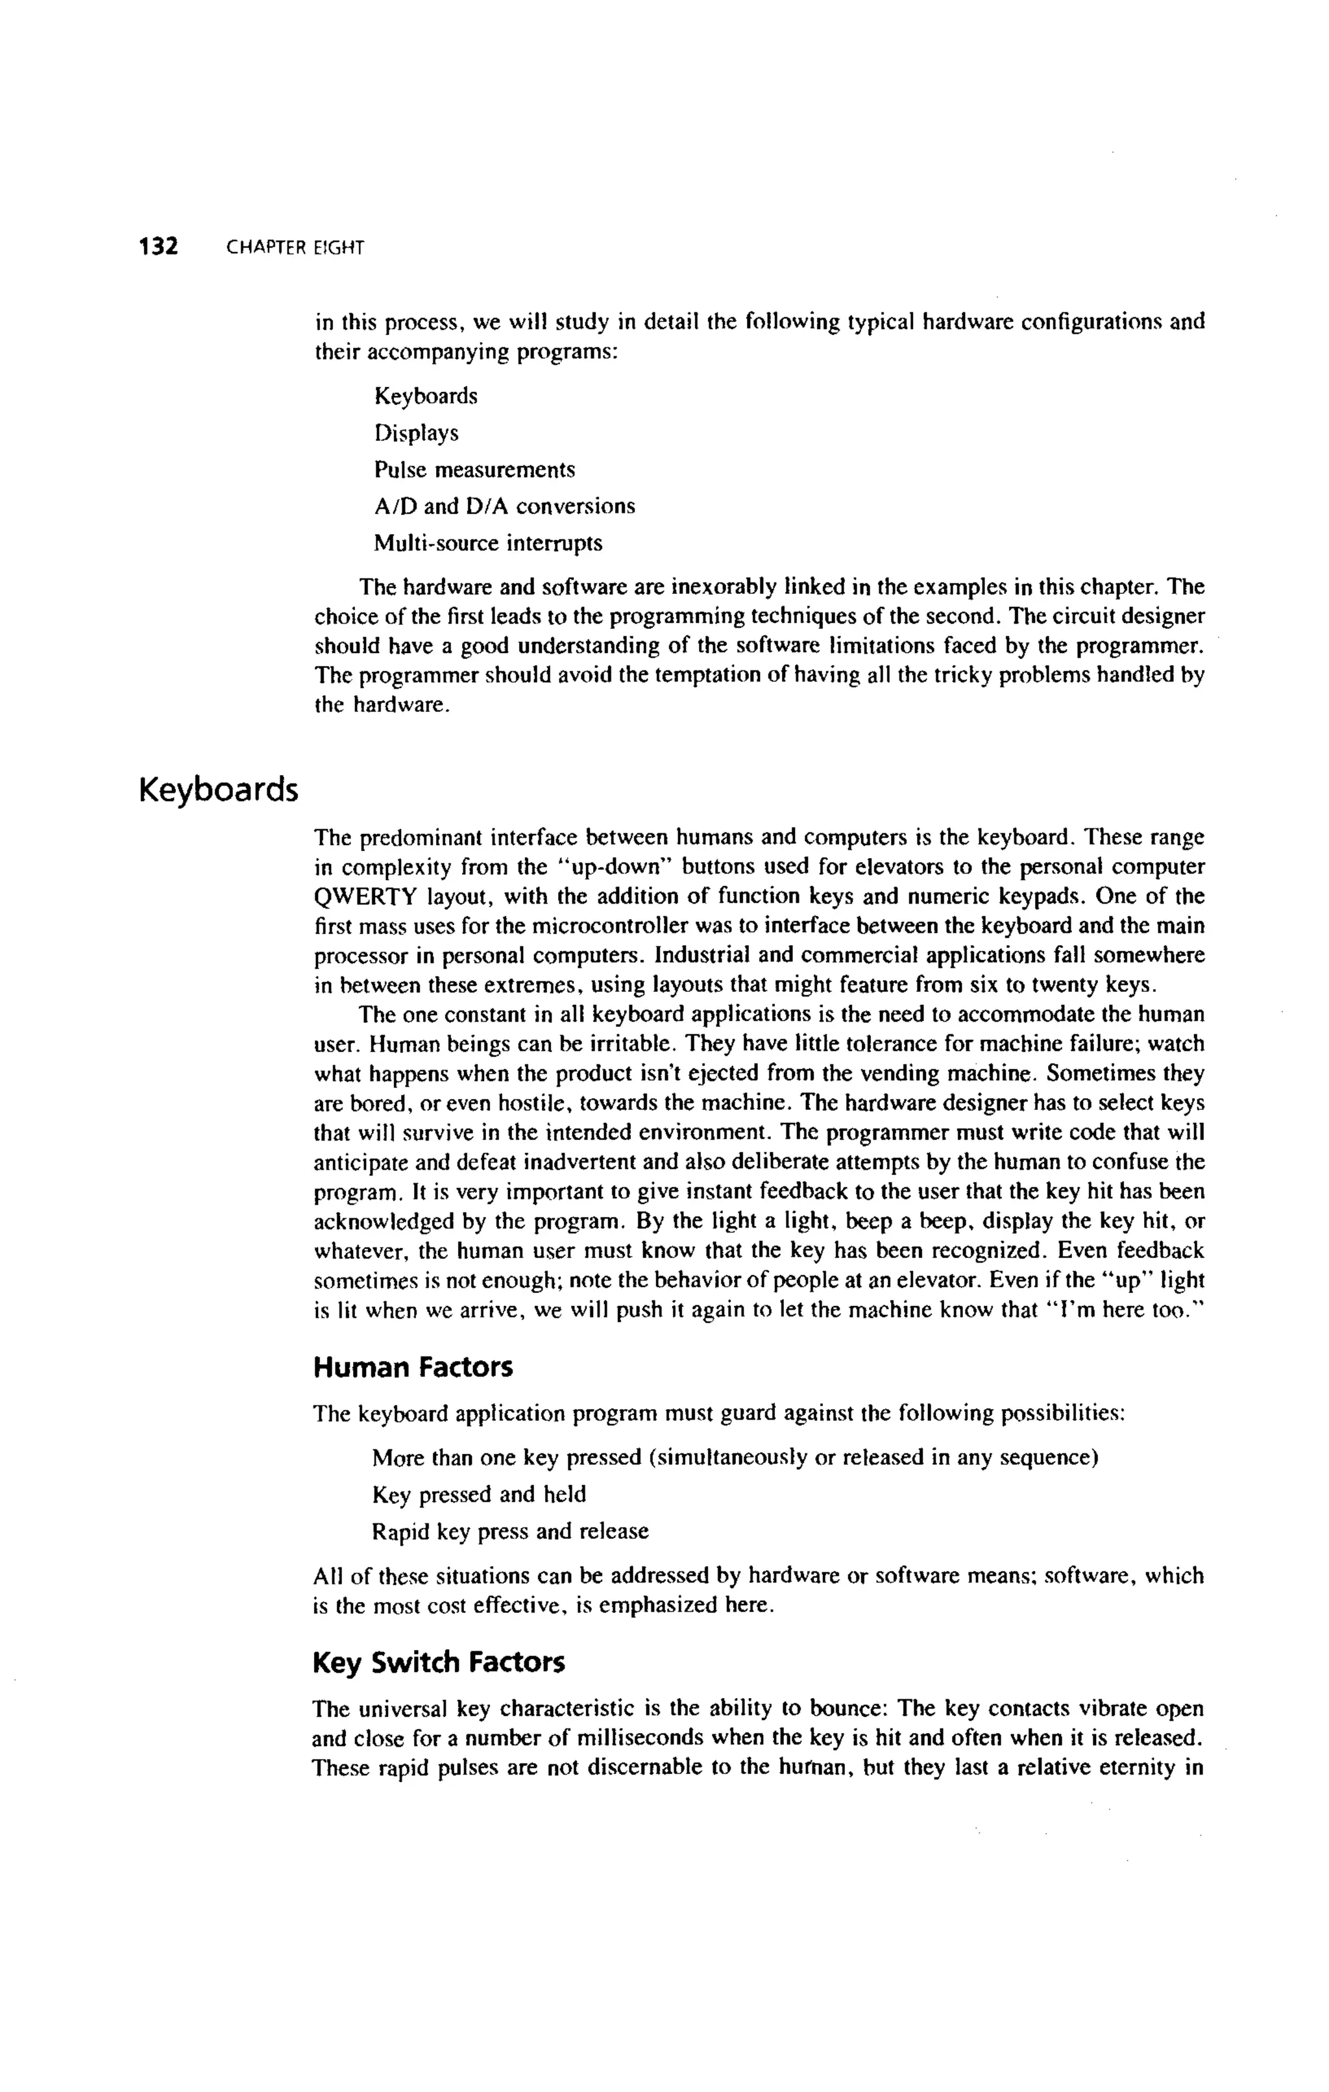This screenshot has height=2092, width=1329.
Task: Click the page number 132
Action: [158, 247]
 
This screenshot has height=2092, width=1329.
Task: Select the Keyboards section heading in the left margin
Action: [218, 790]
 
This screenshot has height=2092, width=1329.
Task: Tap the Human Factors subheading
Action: [413, 1368]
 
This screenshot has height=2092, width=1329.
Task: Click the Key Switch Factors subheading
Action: [438, 1662]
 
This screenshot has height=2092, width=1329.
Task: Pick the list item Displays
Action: [416, 433]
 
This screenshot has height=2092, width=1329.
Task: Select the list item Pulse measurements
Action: [474, 469]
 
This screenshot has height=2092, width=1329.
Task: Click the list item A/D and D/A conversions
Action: [504, 506]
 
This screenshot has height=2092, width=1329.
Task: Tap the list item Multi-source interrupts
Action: [487, 543]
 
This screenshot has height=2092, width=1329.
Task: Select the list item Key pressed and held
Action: [479, 1494]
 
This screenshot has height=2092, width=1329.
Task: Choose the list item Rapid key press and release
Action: [510, 1531]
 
